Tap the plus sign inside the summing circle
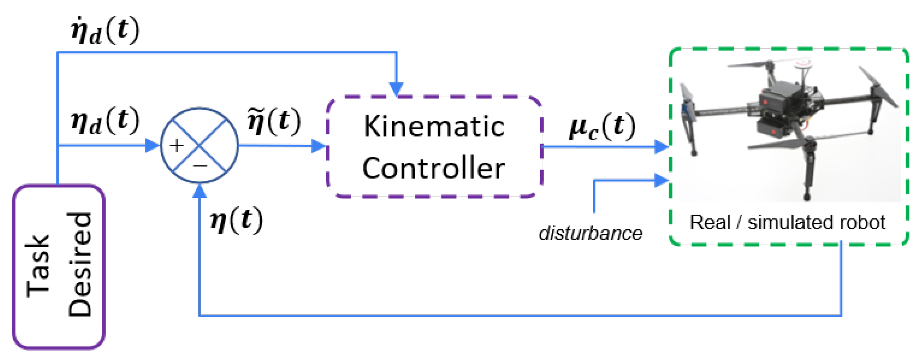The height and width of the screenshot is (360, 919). (177, 146)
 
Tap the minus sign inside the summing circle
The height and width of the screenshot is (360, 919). (200, 166)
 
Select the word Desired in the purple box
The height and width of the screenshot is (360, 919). (80, 265)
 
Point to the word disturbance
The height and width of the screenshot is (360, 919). (590, 233)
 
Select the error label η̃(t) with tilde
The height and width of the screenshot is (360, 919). (274, 122)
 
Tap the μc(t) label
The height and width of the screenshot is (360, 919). (602, 127)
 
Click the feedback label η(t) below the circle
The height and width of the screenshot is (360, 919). (237, 220)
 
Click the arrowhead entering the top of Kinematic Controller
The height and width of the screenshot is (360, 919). (396, 89)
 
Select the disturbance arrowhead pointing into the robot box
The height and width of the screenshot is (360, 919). (661, 180)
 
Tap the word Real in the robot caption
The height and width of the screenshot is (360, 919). (710, 222)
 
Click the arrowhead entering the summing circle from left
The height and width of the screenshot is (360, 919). (153, 146)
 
